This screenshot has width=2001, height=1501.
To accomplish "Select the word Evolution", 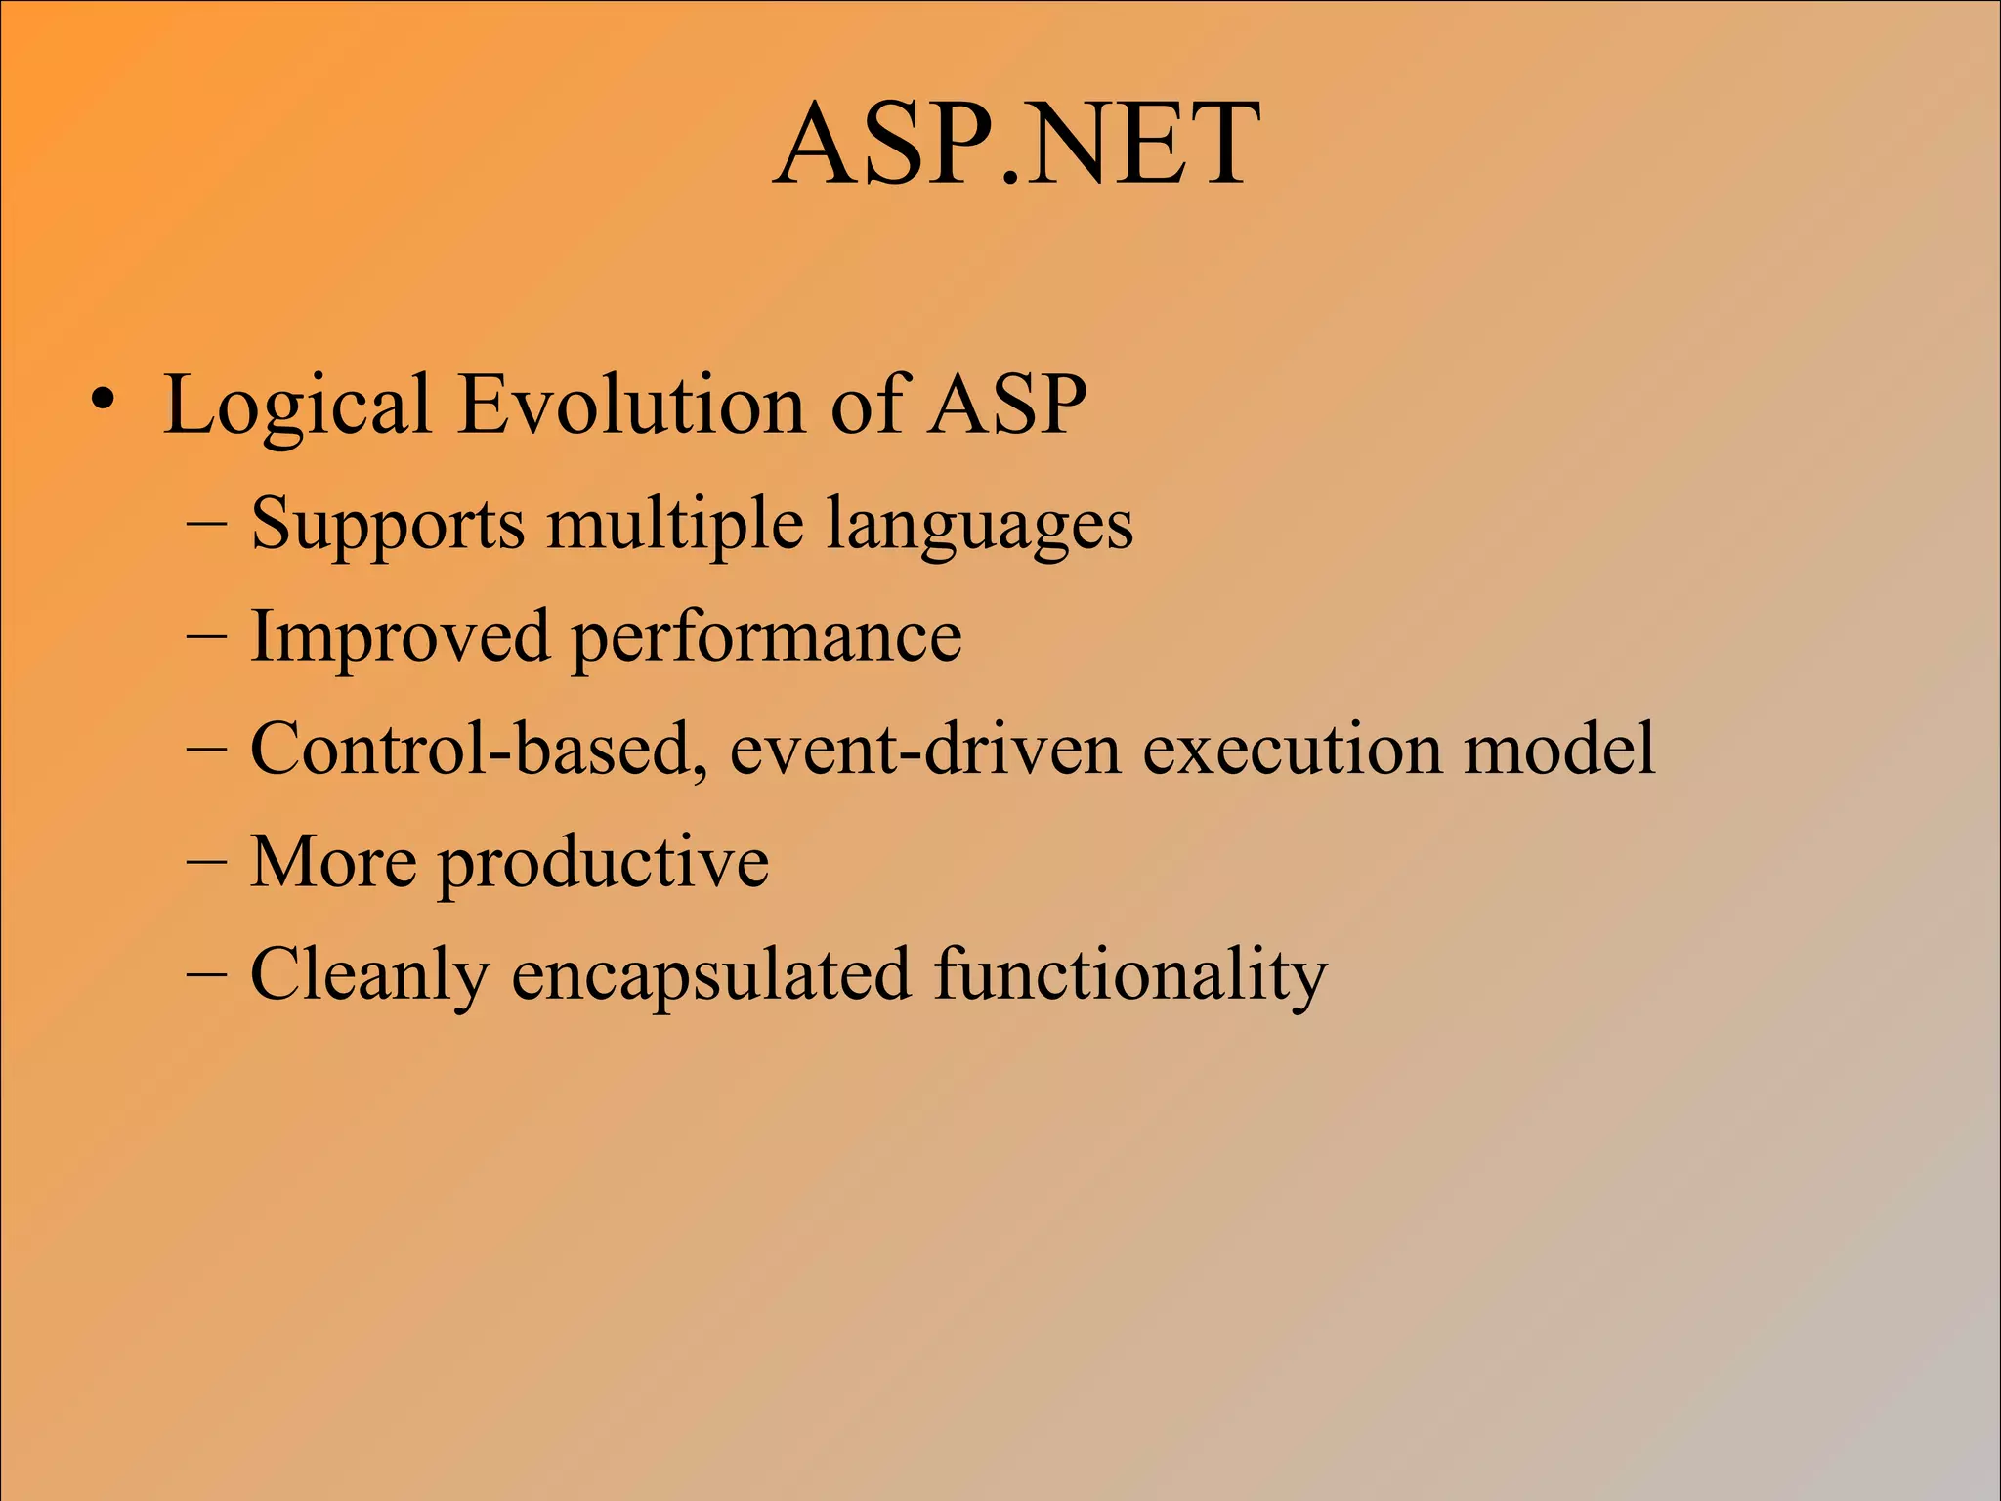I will point(631,405).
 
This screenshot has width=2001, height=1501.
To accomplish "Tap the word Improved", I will point(400,638).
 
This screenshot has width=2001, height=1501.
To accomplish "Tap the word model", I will point(1559,750).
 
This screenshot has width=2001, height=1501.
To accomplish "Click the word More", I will point(333,862).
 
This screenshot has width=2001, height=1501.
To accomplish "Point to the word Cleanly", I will point(369,974).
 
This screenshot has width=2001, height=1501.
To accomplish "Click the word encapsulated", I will point(711,974).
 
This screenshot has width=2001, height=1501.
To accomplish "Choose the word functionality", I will point(1130,974).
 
